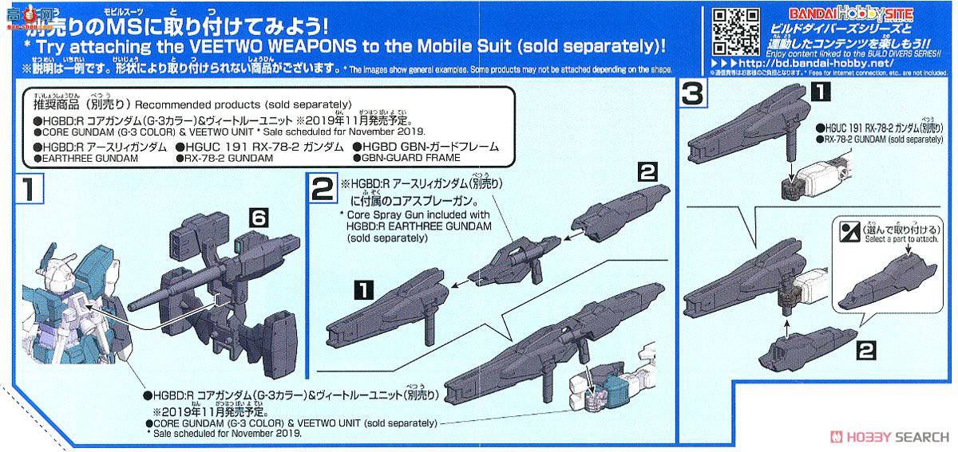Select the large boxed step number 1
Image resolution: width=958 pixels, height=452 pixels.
pyautogui.click(x=27, y=191)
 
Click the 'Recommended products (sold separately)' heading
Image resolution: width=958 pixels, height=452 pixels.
pyautogui.click(x=243, y=104)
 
